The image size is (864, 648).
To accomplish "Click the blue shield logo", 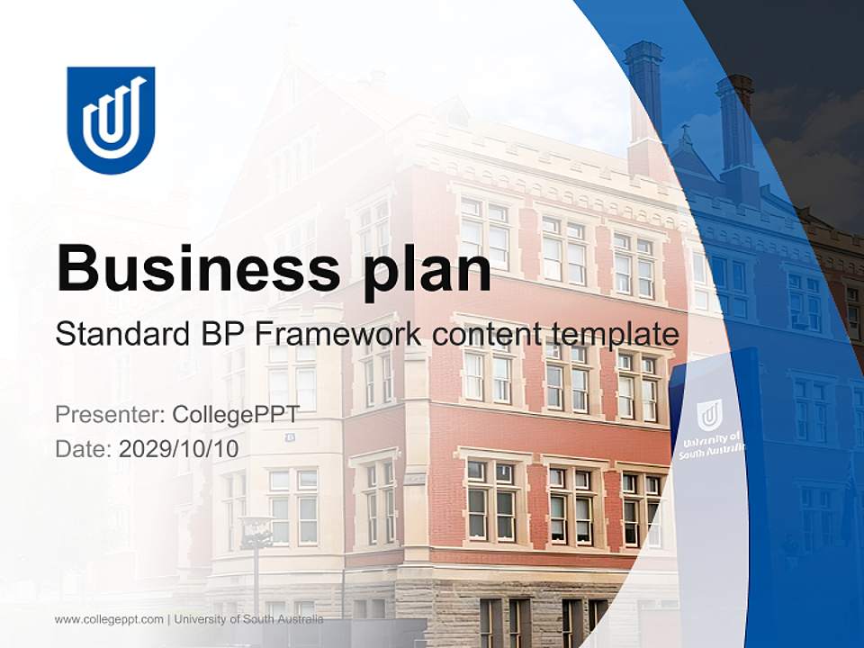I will pyautogui.click(x=111, y=119).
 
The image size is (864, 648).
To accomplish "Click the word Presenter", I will pyautogui.click(x=109, y=415).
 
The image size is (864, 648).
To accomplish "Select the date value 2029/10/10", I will pyautogui.click(x=179, y=448).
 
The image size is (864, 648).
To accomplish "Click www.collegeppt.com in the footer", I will pyautogui.click(x=109, y=619).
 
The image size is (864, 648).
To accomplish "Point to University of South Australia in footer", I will pyautogui.click(x=248, y=619).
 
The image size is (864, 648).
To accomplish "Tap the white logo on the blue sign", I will pyautogui.click(x=709, y=415).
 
